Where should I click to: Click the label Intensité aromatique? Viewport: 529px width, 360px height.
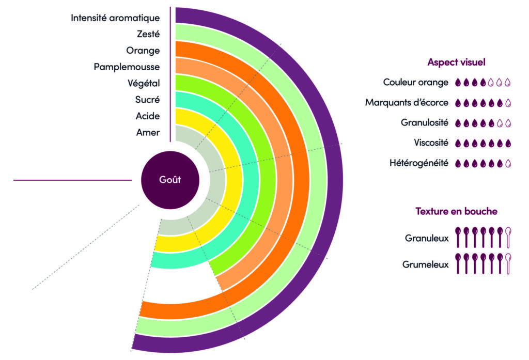click(x=115, y=18)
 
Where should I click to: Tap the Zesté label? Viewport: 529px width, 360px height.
click(x=148, y=34)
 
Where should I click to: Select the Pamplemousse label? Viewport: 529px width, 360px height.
click(x=127, y=67)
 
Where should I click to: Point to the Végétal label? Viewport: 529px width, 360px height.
click(x=144, y=83)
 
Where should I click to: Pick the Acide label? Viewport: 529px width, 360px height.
click(x=147, y=116)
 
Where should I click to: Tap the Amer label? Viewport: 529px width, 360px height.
click(x=148, y=133)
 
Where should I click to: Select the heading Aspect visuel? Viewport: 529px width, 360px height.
click(x=456, y=62)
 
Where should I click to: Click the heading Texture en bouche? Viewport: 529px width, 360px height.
click(x=456, y=211)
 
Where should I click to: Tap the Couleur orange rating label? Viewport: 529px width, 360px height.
click(x=416, y=82)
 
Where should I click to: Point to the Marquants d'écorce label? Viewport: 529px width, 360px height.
click(x=407, y=102)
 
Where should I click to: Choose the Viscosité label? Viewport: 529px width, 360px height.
click(x=431, y=143)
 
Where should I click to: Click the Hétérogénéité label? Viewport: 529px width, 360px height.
click(x=419, y=163)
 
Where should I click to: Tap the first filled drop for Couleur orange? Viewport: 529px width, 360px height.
click(x=458, y=82)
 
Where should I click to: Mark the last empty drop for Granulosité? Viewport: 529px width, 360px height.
click(x=508, y=123)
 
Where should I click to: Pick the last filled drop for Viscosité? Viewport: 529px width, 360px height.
click(x=508, y=143)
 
